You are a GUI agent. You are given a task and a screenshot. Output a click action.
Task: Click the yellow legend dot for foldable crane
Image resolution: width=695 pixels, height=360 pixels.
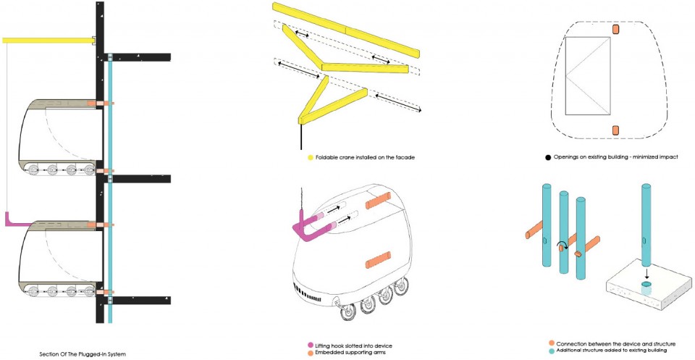click(x=311, y=157)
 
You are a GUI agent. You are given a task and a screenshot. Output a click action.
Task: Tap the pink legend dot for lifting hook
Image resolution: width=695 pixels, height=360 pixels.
click(x=311, y=346)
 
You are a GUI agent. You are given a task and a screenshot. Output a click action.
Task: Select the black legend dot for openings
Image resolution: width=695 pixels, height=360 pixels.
click(x=548, y=157)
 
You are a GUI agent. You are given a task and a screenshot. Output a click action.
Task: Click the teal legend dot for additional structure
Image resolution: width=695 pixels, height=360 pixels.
click(x=552, y=351)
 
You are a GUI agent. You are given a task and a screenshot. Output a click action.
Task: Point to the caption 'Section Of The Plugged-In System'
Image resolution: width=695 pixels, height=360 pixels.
click(x=83, y=354)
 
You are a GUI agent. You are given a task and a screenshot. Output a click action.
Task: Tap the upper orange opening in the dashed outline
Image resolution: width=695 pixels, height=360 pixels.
click(x=615, y=29)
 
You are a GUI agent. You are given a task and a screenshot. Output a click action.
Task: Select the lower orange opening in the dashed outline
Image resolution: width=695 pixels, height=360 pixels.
click(x=615, y=130)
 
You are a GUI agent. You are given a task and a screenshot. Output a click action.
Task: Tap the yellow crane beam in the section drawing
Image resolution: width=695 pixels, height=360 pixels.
click(x=49, y=41)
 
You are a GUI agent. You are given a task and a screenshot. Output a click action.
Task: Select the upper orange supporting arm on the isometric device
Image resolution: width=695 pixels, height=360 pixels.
click(x=378, y=201)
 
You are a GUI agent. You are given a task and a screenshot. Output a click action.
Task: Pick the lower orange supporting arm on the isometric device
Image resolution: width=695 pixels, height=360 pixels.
click(x=378, y=260)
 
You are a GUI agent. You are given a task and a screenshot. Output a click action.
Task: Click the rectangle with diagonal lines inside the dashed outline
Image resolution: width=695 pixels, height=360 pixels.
click(x=588, y=75)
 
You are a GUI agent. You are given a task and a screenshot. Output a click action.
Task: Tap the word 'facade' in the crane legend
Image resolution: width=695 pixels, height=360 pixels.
click(x=405, y=157)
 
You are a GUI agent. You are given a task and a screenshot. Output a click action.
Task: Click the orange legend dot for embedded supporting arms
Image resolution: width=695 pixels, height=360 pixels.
click(x=311, y=353)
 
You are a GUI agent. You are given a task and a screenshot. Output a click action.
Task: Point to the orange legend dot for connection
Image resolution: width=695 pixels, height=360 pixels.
click(x=552, y=343)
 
